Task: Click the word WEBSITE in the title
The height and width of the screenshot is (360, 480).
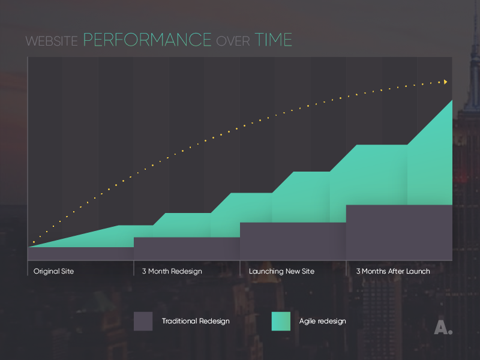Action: (x=52, y=41)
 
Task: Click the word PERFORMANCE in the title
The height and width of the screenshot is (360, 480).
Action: (x=147, y=40)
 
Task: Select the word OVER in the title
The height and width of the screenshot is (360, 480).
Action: (x=233, y=41)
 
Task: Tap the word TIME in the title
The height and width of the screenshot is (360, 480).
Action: (x=274, y=40)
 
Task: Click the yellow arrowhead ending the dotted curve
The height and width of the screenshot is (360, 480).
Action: (x=445, y=82)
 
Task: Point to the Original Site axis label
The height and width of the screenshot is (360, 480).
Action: (x=53, y=271)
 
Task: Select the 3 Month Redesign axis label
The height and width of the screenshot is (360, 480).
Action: (x=172, y=271)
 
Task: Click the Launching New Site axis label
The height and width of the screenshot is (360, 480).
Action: (x=281, y=271)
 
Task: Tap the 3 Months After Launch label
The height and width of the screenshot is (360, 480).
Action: (x=393, y=271)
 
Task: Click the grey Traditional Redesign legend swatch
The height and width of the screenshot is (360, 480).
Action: (x=143, y=321)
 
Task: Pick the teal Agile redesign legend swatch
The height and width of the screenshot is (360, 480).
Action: (x=281, y=321)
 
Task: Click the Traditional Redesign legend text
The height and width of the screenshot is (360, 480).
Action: (x=196, y=321)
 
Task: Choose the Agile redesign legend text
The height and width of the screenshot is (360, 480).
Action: (x=322, y=321)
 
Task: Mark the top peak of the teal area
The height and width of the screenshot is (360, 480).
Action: (x=451, y=101)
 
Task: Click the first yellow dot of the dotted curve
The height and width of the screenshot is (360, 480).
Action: (x=34, y=242)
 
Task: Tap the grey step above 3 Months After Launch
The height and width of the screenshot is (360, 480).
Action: (x=398, y=232)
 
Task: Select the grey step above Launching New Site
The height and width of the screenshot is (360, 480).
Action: (x=293, y=241)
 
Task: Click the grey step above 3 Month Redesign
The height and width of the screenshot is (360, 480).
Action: (x=187, y=248)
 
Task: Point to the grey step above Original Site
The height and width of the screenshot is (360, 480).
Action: (x=80, y=253)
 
